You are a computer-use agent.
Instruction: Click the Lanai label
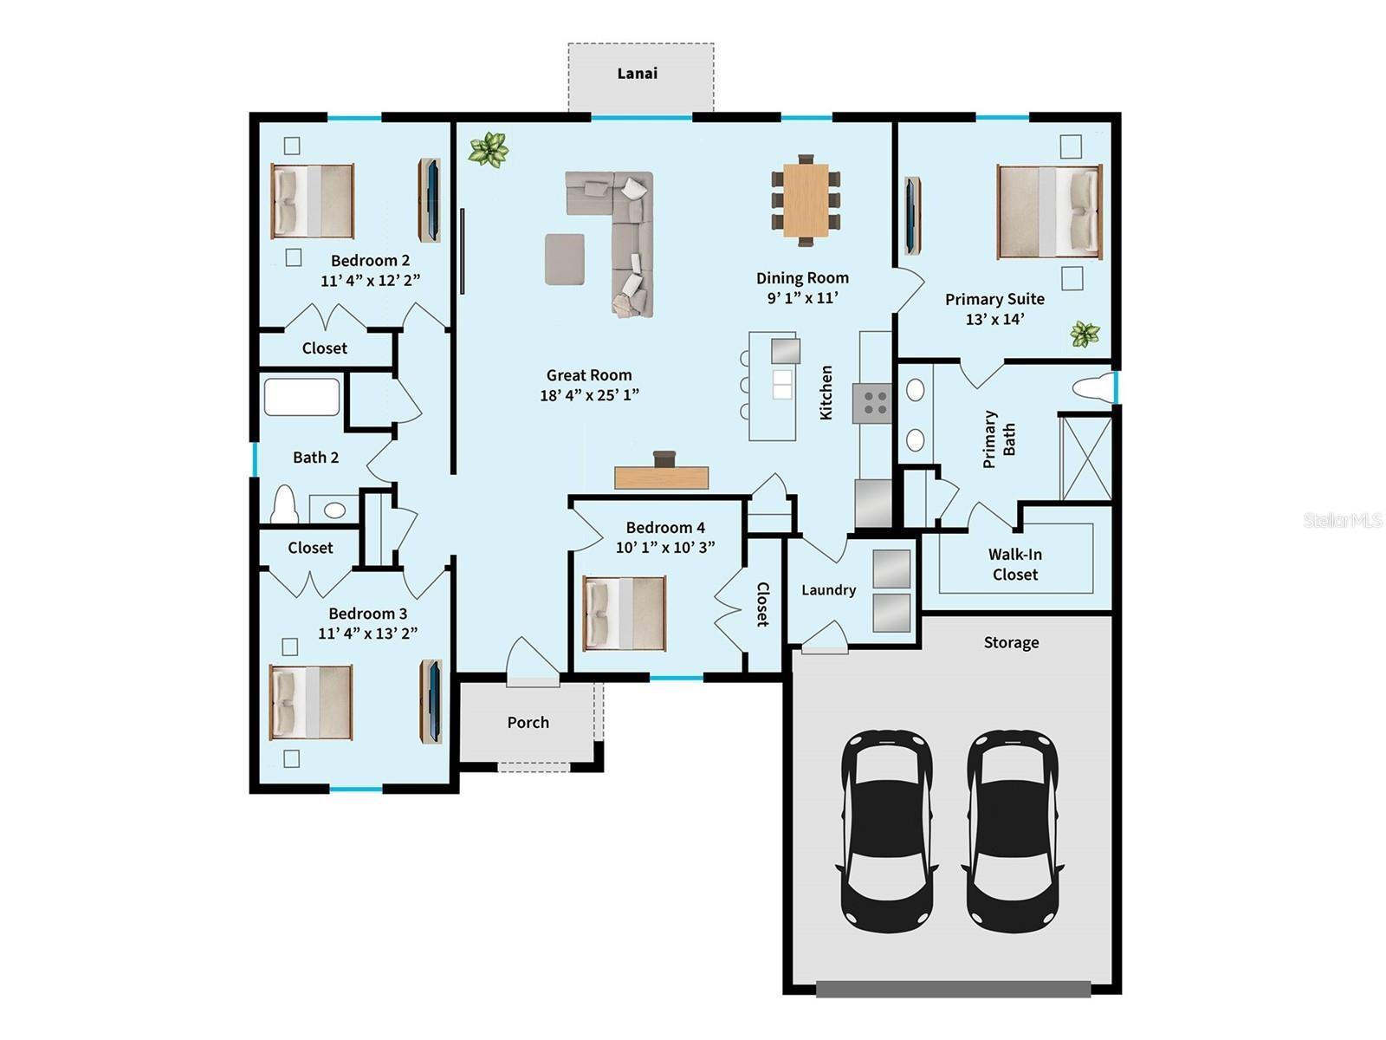tap(637, 74)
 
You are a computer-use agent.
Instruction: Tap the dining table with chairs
tap(806, 201)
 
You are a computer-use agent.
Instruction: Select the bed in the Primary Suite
tap(1049, 211)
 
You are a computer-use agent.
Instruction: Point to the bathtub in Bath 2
tap(301, 397)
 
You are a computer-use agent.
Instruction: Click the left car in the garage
tap(886, 829)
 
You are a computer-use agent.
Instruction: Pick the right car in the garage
tap(1011, 829)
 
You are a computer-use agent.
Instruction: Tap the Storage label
tap(1011, 642)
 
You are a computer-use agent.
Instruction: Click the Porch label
tap(528, 722)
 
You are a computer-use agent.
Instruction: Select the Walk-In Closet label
tap(1014, 564)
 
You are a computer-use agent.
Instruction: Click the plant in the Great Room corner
tap(488, 149)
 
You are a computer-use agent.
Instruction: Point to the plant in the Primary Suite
tap(1085, 333)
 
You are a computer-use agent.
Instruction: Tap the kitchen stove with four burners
tap(872, 403)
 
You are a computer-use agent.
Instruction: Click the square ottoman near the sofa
tap(564, 258)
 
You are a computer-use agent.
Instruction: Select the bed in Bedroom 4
tap(625, 613)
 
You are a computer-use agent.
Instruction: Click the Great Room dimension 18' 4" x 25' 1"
tap(589, 395)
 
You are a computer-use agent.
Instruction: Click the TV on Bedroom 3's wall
tap(431, 701)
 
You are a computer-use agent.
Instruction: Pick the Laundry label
tap(828, 590)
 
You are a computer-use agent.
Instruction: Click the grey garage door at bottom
tap(953, 989)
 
